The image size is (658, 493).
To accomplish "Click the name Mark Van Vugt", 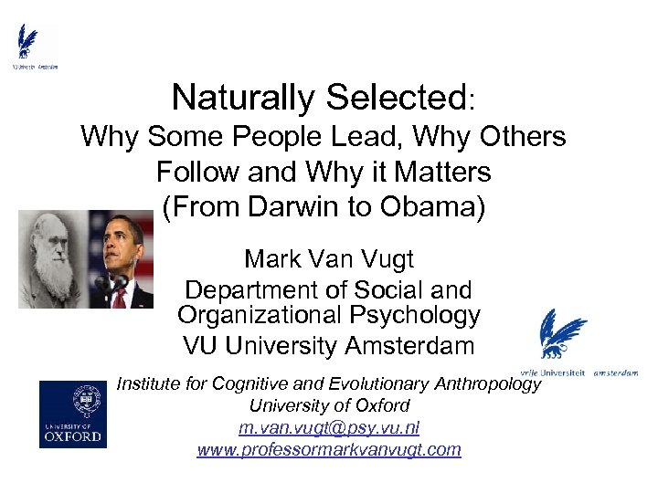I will [329, 259].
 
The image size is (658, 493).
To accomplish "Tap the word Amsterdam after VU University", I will [410, 347].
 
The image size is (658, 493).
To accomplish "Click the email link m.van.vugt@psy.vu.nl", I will [329, 427].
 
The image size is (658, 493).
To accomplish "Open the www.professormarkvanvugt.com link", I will [329, 449].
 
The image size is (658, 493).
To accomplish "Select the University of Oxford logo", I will [70, 414].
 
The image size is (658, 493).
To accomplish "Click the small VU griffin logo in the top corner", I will [31, 46].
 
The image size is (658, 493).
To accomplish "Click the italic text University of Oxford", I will [329, 405].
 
